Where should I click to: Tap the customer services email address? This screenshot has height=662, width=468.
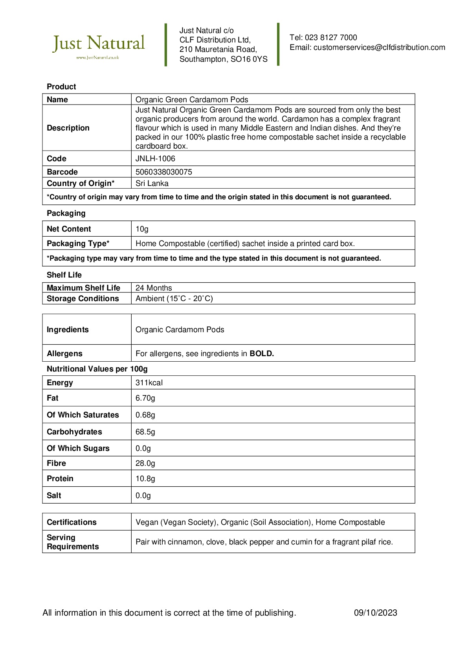[379, 48]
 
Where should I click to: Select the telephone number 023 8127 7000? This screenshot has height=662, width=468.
[331, 38]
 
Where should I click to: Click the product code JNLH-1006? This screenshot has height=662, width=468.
[155, 159]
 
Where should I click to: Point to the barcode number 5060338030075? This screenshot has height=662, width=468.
[163, 172]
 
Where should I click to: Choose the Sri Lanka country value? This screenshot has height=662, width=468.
[152, 184]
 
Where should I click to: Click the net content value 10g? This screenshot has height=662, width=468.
[142, 229]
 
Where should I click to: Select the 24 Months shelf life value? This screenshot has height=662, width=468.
[154, 288]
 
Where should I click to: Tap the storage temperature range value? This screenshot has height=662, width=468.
[174, 299]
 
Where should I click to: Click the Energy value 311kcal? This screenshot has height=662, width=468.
[149, 383]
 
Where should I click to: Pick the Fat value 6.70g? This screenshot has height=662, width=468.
[145, 398]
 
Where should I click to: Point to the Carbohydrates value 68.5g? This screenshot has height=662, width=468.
[145, 432]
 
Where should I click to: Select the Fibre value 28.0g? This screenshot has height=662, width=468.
[145, 463]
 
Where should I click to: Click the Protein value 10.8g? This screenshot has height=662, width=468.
[145, 479]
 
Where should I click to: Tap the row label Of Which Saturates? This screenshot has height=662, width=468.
[83, 415]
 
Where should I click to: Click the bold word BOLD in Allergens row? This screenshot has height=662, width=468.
[262, 354]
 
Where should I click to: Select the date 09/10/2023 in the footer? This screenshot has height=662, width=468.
[375, 613]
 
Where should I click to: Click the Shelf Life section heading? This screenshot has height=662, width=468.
[64, 275]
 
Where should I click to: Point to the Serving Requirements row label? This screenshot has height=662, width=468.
[73, 542]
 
